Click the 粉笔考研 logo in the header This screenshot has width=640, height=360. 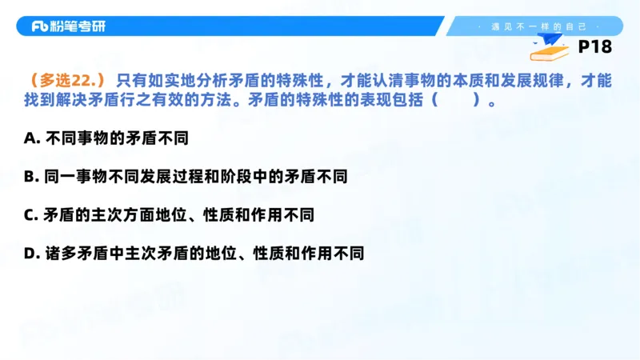pyautogui.click(x=68, y=26)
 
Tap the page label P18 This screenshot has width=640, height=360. pyautogui.click(x=594, y=47)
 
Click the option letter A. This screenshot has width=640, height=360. pyautogui.click(x=31, y=138)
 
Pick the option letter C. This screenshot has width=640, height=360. pyautogui.click(x=30, y=215)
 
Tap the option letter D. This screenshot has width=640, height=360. pyautogui.click(x=31, y=254)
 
